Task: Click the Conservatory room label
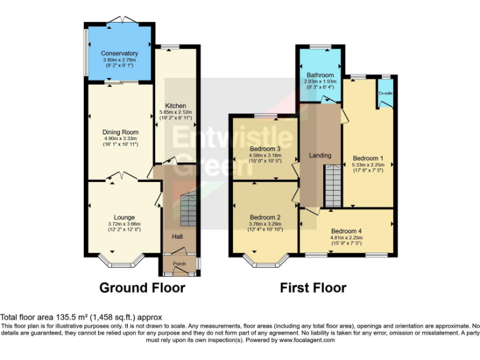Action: point(119,53)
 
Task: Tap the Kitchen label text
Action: point(176,105)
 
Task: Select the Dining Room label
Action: point(120,132)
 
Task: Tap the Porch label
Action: point(179,264)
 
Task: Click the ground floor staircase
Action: point(187,210)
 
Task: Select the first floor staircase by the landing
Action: point(332,185)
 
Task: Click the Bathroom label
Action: point(319,74)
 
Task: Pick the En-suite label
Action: point(385,94)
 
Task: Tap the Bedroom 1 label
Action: point(368,157)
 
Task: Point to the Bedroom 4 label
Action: point(346,230)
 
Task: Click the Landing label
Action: point(320,155)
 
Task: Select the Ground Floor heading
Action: point(142,287)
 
